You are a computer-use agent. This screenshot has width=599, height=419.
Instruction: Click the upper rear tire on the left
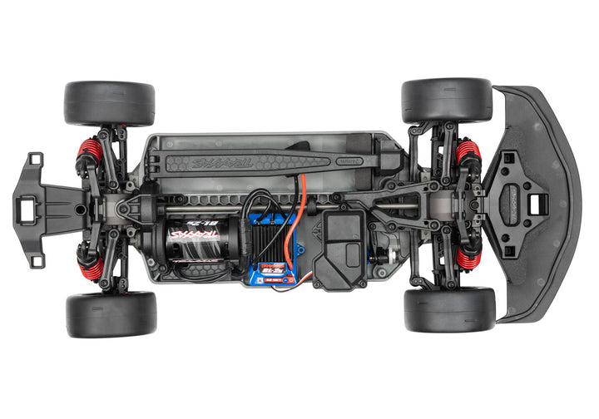click(x=109, y=102)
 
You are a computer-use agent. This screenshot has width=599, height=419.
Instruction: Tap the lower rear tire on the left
click(x=111, y=313)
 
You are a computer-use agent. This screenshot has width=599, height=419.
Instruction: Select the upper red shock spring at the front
click(x=468, y=153)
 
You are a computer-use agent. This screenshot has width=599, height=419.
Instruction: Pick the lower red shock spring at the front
click(x=468, y=256)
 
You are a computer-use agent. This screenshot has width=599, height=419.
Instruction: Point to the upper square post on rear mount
click(x=35, y=159)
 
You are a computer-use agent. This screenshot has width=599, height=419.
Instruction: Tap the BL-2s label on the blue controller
click(x=271, y=271)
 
